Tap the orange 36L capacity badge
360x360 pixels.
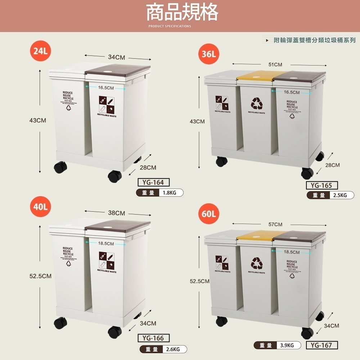click(208, 54)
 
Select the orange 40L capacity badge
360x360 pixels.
click(40, 207)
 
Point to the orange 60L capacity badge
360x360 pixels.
click(208, 214)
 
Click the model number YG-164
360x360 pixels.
click(153, 182)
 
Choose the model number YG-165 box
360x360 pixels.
click(321, 185)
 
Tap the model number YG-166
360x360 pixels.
click(153, 338)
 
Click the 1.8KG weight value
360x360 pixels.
click(170, 193)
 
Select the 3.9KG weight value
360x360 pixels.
click(287, 346)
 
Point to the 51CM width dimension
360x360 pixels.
click(275, 65)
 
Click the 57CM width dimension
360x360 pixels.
click(275, 225)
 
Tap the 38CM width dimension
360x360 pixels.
click(117, 213)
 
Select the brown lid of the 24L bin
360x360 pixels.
click(117, 70)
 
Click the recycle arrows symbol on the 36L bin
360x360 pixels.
click(257, 103)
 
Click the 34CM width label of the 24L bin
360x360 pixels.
click(117, 57)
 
